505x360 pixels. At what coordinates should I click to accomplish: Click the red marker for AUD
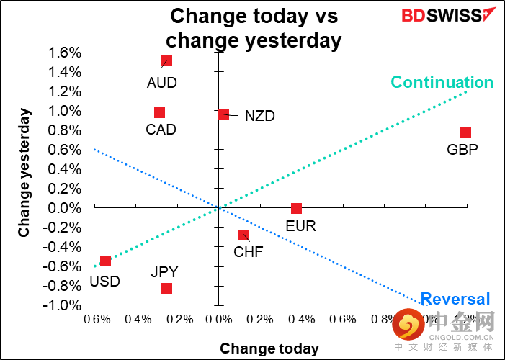[166, 61]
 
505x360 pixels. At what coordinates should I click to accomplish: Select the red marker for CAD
[159, 112]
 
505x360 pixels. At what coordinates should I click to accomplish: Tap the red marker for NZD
[224, 114]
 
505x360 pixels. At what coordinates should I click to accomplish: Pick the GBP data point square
[465, 132]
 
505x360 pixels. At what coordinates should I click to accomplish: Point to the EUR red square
[296, 208]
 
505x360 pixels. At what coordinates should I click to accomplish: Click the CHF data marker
[243, 235]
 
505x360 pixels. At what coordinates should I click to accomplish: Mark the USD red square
[105, 261]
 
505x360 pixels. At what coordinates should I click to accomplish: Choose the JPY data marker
[166, 288]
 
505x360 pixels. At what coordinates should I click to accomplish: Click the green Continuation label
[442, 82]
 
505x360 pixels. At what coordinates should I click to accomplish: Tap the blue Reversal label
[455, 299]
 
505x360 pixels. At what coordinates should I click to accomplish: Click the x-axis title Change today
[269, 348]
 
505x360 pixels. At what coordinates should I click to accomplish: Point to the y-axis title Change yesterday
[24, 173]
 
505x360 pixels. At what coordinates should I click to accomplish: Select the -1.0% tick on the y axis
[65, 305]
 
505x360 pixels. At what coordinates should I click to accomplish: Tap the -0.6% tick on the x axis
[94, 319]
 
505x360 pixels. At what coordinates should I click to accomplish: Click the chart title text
[254, 28]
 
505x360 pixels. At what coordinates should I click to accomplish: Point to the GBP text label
[462, 150]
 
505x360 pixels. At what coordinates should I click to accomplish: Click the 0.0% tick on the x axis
[218, 319]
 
